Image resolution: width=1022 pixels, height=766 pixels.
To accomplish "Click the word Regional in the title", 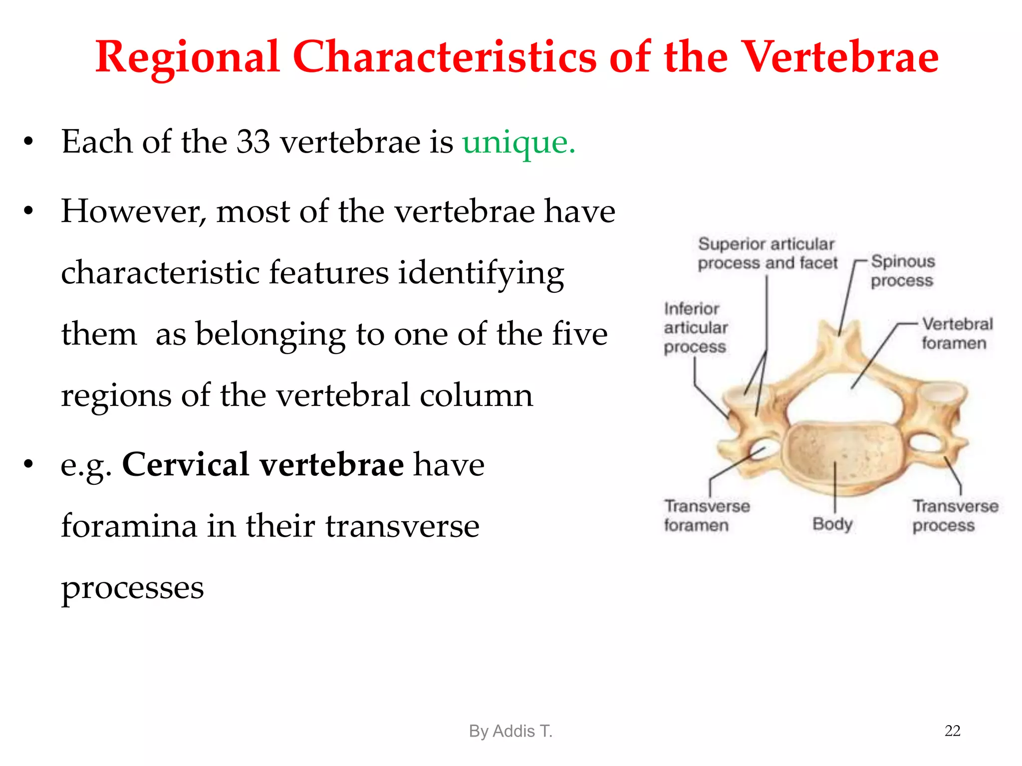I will point(187,58).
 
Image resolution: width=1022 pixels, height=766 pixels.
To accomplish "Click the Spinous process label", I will point(902,271).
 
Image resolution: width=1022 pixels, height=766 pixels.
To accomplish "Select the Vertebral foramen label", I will point(956,333).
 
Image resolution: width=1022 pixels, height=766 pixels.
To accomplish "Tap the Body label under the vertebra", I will point(832,524).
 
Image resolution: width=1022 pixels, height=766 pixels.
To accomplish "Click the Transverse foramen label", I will point(706,515).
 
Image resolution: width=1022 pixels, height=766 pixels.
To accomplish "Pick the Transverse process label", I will point(955,515).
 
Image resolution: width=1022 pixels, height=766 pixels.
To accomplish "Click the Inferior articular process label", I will point(695,328).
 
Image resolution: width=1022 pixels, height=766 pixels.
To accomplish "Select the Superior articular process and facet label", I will point(767,253).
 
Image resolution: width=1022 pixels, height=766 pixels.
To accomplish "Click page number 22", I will point(952,731).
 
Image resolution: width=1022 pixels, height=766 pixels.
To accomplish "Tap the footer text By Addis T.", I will point(511,731).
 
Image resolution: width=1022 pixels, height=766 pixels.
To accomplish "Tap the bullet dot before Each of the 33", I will point(28,142).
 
